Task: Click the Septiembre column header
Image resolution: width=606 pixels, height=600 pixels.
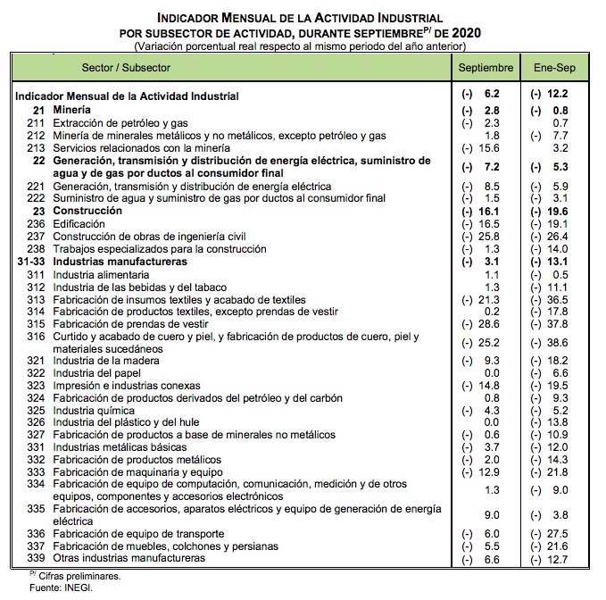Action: [486, 68]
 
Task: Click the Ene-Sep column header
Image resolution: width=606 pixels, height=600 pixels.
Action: [553, 68]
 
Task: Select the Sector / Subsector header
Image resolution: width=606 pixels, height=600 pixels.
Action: [126, 68]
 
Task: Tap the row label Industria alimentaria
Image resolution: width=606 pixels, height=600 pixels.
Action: [101, 275]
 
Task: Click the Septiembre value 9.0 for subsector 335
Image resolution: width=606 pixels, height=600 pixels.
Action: [491, 514]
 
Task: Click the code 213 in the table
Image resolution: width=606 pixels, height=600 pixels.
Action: [36, 147]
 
